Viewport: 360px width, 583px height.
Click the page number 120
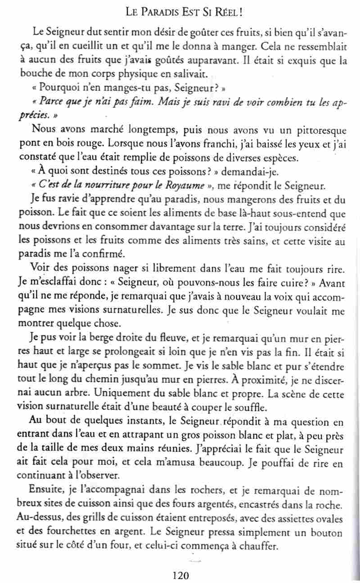(x=180, y=574)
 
